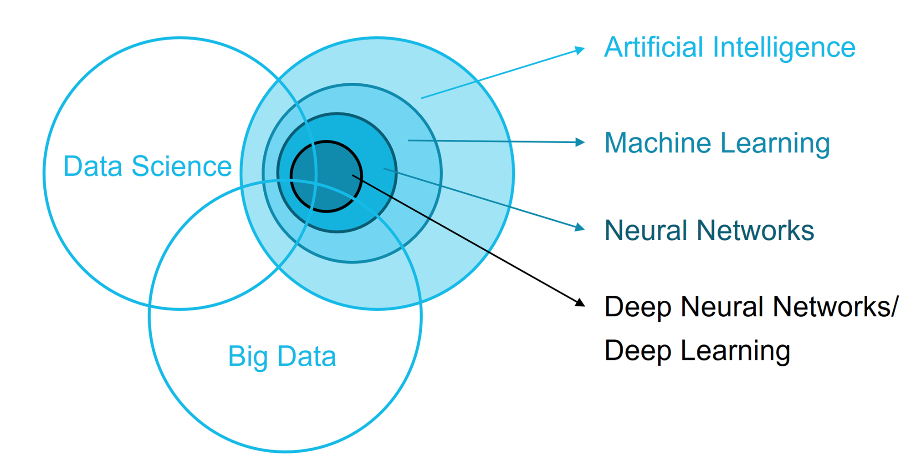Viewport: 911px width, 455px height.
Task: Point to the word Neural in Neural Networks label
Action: coord(645,230)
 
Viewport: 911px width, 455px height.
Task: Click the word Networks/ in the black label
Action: coord(835,307)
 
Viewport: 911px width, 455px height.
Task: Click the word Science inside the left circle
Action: coord(181,167)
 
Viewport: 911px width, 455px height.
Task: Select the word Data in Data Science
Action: coord(93,167)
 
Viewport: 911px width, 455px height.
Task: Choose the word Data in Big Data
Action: coord(307,356)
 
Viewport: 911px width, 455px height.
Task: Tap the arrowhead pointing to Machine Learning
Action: coord(580,142)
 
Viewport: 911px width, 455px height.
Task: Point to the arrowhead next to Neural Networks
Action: coord(580,227)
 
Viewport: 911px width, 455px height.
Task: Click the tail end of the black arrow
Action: coord(353,175)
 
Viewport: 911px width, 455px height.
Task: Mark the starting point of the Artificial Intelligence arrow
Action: coord(421,98)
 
